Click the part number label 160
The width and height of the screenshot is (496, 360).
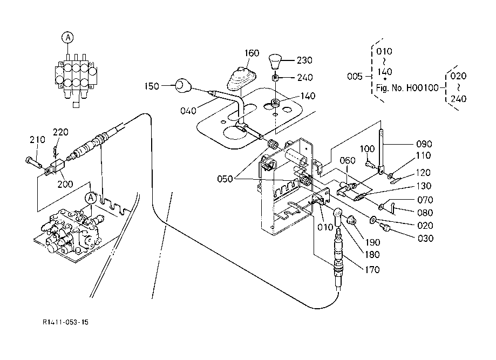(x=252, y=53)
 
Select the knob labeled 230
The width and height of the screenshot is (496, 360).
(x=275, y=62)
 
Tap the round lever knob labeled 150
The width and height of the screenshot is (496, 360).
(x=183, y=85)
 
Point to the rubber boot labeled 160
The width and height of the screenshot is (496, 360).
(x=241, y=78)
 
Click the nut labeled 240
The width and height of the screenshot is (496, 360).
(x=275, y=78)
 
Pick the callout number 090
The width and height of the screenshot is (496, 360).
(x=424, y=144)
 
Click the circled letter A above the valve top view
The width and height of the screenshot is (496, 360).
(x=67, y=38)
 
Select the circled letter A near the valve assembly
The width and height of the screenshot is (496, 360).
(x=91, y=198)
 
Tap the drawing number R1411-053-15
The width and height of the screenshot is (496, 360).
(x=66, y=322)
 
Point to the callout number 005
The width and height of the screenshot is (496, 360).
(x=355, y=77)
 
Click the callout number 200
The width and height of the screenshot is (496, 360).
(x=65, y=184)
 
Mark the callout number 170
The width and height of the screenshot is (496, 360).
(x=372, y=270)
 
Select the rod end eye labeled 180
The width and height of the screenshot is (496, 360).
(x=338, y=216)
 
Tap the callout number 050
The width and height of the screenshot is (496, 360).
(x=225, y=179)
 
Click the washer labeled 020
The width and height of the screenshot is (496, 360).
(x=373, y=219)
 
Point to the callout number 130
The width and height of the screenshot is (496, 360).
(x=424, y=186)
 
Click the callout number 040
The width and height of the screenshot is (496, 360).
(x=188, y=111)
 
